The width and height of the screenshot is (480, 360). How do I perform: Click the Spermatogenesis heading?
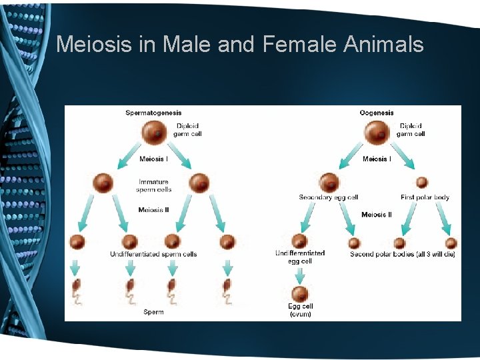[153, 113]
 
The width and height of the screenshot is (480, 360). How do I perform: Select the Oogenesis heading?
[377, 113]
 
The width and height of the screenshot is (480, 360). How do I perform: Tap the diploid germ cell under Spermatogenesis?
[154, 131]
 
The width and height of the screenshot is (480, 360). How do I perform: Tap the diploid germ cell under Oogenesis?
[377, 131]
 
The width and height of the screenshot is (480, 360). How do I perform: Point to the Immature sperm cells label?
[154, 185]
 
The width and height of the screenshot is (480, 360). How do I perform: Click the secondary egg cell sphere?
[329, 182]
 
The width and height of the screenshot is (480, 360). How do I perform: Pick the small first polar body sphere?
[422, 182]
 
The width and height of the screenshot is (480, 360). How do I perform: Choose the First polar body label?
[425, 197]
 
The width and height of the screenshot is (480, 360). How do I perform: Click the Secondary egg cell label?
[329, 197]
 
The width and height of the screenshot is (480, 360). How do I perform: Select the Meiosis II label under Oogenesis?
[377, 215]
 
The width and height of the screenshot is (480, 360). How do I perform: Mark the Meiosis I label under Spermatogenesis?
[154, 159]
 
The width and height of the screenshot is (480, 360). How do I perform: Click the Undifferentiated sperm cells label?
[153, 254]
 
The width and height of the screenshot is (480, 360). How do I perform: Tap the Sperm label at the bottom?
[153, 312]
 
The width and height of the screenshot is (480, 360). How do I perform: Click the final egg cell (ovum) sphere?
[300, 293]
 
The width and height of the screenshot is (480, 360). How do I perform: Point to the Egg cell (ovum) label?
[300, 310]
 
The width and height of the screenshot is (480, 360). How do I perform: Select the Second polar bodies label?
[403, 254]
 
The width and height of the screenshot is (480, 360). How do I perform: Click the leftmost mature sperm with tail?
[77, 291]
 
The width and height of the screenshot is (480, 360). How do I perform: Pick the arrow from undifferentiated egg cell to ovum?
[300, 274]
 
